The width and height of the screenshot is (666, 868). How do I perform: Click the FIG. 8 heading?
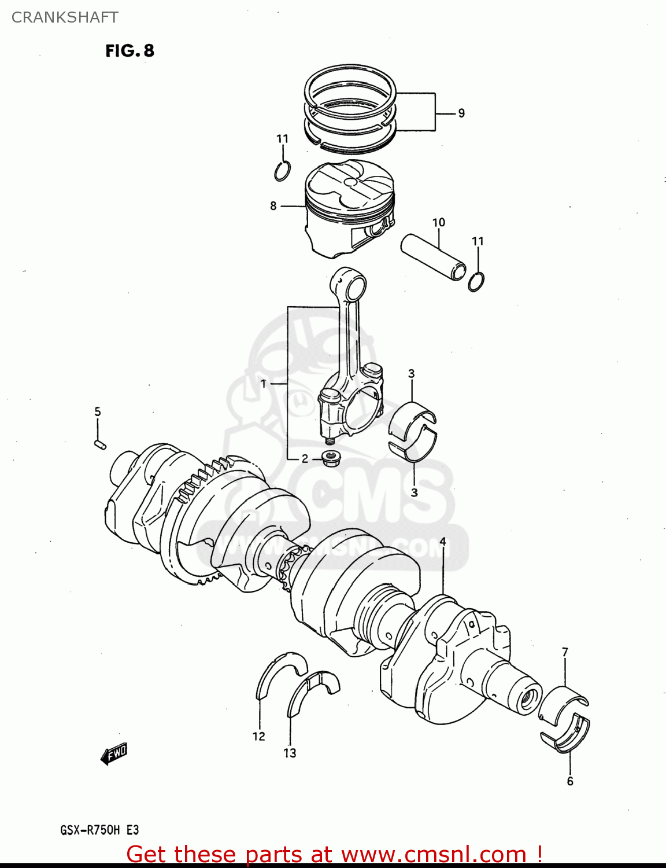click(129, 51)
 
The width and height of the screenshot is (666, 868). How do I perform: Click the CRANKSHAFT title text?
click(65, 17)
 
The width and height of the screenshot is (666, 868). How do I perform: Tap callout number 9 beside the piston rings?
click(461, 113)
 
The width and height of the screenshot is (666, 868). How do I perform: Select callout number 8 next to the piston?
click(273, 205)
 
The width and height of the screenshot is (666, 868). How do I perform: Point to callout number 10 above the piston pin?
click(439, 222)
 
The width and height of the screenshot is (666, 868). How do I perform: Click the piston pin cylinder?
click(433, 256)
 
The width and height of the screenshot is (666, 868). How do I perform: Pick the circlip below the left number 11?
click(283, 171)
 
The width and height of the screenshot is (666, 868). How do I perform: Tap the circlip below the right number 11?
click(476, 282)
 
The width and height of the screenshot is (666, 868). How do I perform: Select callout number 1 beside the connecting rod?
click(263, 384)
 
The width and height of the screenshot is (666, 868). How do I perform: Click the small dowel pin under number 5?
click(99, 444)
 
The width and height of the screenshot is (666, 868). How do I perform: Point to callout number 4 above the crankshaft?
click(442, 542)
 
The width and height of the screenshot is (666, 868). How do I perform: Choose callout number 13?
click(290, 753)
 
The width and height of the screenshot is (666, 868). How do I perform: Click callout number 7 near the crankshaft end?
click(565, 652)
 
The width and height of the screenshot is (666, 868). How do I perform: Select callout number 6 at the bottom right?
click(570, 781)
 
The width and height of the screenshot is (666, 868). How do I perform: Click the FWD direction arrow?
click(113, 753)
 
